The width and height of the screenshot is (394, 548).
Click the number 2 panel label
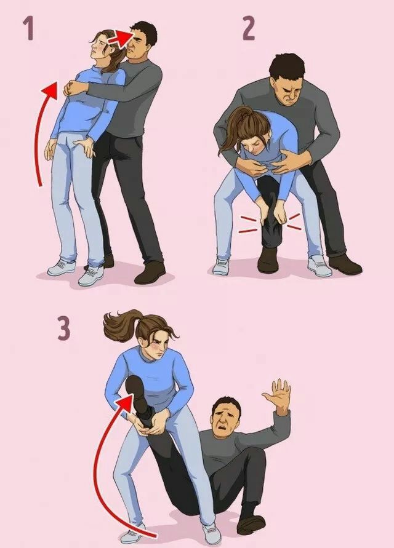point(249,28)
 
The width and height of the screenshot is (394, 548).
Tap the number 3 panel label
point(64,328)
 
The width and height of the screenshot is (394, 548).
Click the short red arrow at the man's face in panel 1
point(119,38)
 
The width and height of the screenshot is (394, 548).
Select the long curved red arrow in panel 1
point(43,129)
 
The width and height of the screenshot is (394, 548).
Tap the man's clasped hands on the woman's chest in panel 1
point(73,88)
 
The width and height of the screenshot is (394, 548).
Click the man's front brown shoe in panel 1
point(150,272)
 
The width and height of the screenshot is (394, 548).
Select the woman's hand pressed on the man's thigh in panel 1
point(84,147)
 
